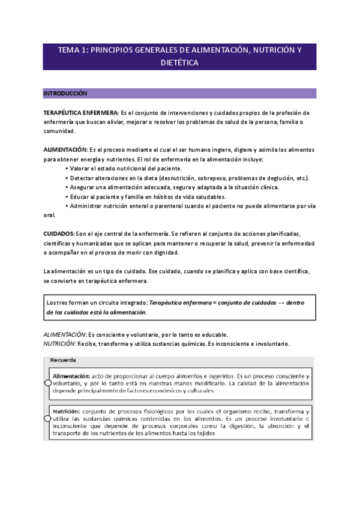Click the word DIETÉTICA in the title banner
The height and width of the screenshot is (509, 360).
point(179,62)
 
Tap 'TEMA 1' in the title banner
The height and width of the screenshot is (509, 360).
point(72,50)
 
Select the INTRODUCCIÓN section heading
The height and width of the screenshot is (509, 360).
point(65,94)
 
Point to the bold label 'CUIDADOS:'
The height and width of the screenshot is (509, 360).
point(59,233)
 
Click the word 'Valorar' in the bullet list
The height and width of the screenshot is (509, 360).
point(82,169)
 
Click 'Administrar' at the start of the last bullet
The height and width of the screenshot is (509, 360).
point(87,206)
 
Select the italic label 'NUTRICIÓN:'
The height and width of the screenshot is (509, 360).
point(59,344)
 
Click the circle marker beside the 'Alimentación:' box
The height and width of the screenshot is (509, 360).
point(48,382)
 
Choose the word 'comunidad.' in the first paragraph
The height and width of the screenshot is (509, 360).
point(59,131)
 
